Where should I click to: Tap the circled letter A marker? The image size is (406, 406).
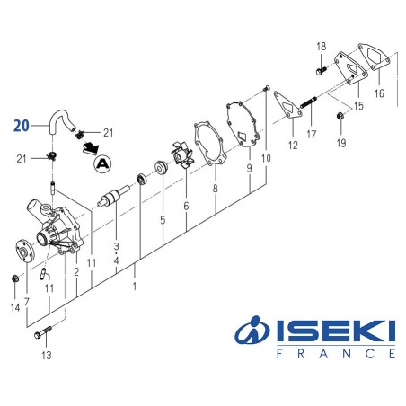click(x=103, y=163)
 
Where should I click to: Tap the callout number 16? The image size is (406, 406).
click(x=379, y=92)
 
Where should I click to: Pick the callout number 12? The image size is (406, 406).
click(x=292, y=145)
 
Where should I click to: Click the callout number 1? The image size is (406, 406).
click(x=135, y=287)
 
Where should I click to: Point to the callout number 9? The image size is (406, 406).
click(x=248, y=167)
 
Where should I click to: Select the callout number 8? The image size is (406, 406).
click(x=216, y=190)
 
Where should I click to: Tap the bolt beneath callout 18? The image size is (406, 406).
click(x=321, y=66)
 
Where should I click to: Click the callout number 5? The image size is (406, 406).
click(x=163, y=219)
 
